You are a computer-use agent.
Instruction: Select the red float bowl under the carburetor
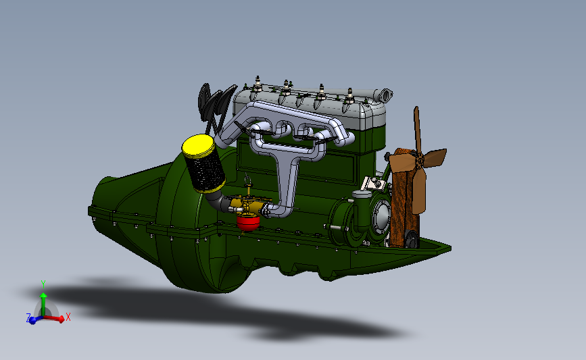[x=248, y=222]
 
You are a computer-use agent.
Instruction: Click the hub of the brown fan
[x=419, y=161]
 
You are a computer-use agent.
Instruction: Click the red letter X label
[x=68, y=317]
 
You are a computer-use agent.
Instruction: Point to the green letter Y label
[x=43, y=284]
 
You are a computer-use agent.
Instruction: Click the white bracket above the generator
[x=374, y=184]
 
